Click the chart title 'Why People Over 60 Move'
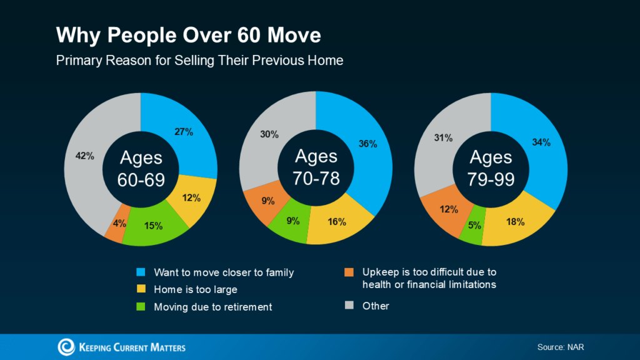click(x=188, y=35)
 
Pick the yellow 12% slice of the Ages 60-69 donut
click(x=191, y=199)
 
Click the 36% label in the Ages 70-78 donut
click(x=367, y=144)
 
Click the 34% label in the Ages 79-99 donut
click(x=541, y=142)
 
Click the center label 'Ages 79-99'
click(x=491, y=167)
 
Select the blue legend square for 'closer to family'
click(x=141, y=272)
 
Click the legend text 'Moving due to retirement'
click(x=212, y=306)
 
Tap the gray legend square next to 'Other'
click(x=349, y=306)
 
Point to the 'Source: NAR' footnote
click(x=560, y=347)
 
